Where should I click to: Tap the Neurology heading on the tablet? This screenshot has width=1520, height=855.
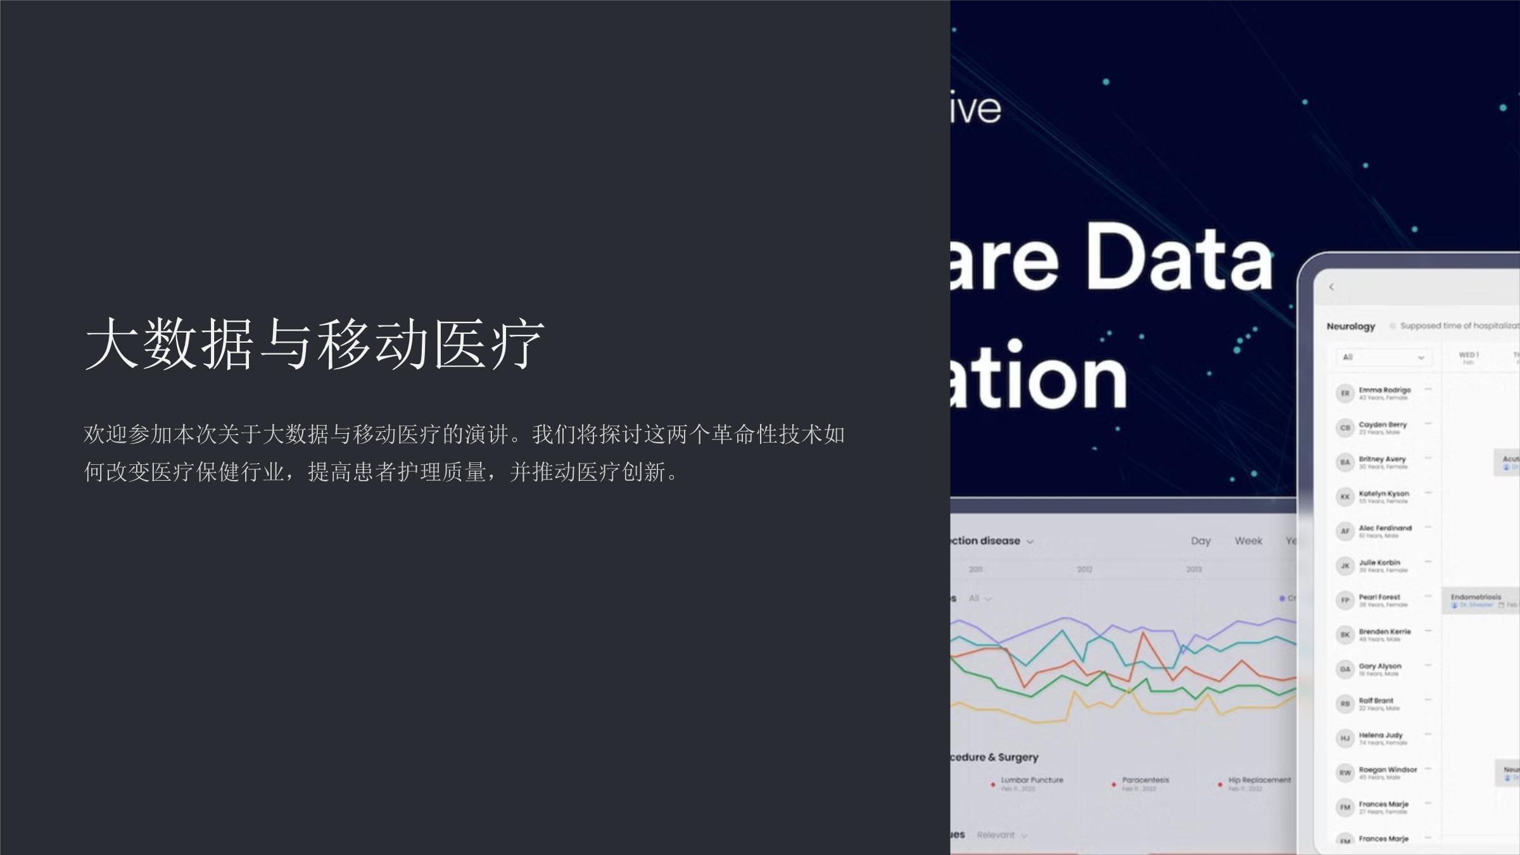[1350, 326]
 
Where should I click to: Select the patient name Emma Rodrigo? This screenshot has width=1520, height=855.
[1384, 390]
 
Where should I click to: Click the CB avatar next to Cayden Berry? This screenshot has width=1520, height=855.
[1345, 428]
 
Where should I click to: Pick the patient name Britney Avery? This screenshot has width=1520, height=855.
[1382, 459]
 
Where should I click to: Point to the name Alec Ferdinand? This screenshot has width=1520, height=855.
[1385, 528]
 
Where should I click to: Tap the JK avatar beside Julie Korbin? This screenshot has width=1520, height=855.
[1345, 566]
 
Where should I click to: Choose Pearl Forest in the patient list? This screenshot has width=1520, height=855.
[1379, 597]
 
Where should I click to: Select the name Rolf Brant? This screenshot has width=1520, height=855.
[1376, 701]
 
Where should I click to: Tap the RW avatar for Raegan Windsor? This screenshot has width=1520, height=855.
[1345, 773]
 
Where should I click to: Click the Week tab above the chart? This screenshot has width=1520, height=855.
[1248, 541]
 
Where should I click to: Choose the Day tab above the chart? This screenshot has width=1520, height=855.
[1200, 541]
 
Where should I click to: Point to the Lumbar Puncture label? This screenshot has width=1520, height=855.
[1032, 780]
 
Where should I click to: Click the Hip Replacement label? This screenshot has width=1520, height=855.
[1259, 780]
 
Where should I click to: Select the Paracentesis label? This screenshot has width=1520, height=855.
[1145, 780]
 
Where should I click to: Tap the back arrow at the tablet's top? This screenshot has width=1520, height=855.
[1331, 288]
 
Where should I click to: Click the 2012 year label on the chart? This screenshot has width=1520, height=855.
[1084, 569]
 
